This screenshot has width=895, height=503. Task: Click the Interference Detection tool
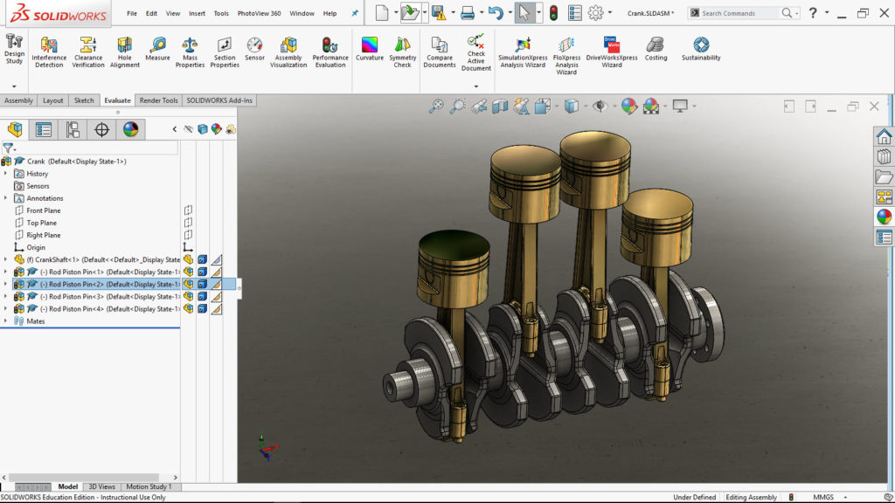(49, 52)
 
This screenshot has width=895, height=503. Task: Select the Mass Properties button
(190, 52)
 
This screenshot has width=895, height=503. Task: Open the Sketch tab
(84, 100)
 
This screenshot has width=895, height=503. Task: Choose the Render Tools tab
(158, 100)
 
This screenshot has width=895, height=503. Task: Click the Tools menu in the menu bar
(221, 14)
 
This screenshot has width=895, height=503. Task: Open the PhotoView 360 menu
(259, 14)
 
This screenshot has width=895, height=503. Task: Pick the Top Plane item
(41, 223)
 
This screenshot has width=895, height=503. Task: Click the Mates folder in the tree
(36, 320)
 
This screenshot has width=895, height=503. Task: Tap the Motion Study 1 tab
(149, 486)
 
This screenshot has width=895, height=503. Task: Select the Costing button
(656, 50)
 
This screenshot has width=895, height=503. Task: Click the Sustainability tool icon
(701, 50)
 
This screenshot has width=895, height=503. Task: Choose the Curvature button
(370, 50)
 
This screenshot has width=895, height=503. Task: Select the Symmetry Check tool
(402, 52)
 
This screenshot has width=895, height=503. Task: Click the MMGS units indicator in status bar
(823, 497)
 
